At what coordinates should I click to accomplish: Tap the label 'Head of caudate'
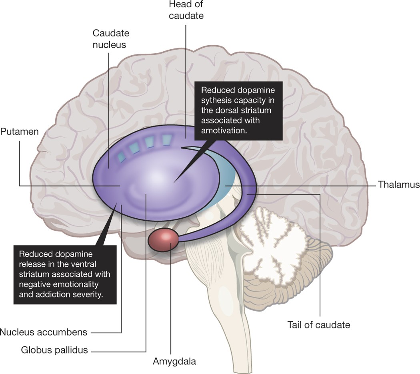pos(186,11)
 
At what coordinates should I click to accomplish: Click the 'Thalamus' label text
pos(398,185)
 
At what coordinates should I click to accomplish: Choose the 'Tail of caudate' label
pos(318,324)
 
